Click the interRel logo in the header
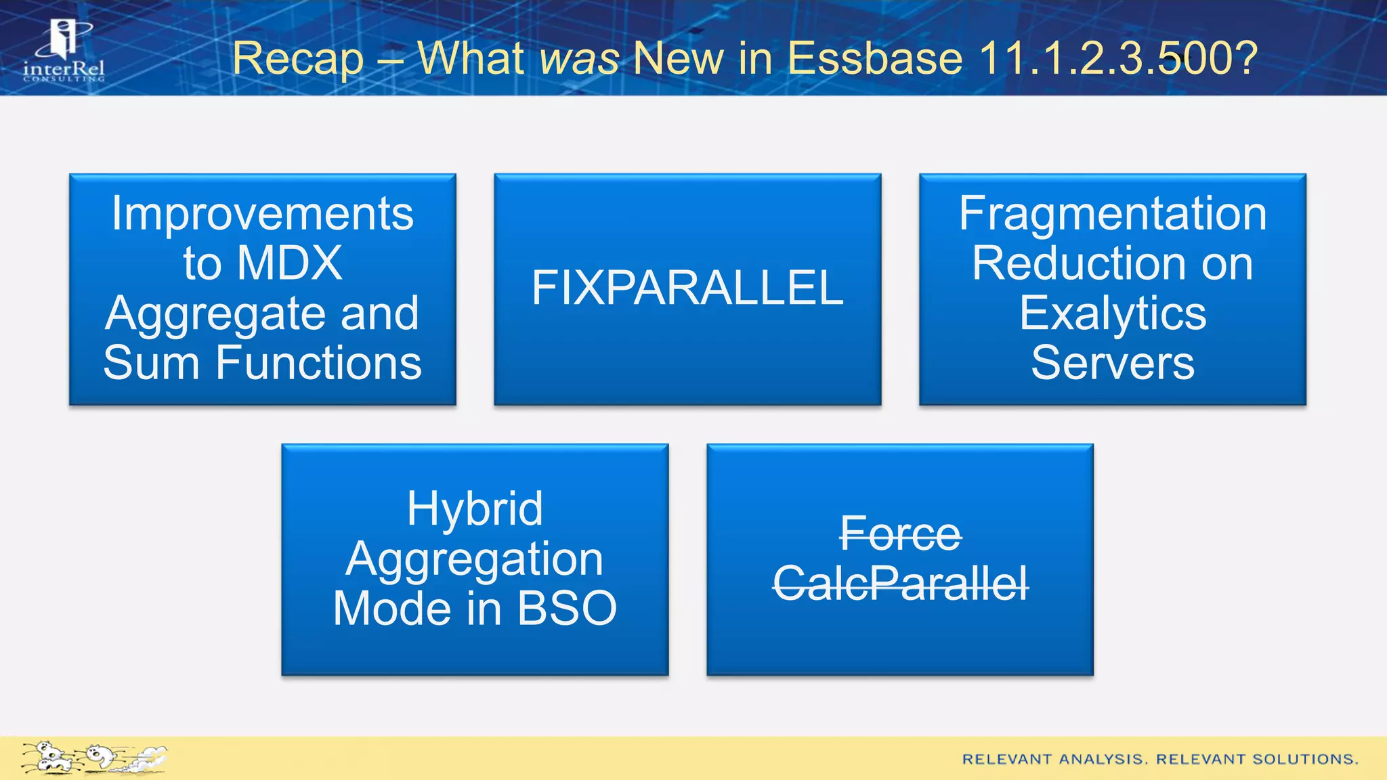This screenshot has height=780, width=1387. click(x=64, y=51)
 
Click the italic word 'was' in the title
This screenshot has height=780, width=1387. click(x=579, y=58)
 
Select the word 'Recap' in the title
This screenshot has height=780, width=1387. click(x=298, y=60)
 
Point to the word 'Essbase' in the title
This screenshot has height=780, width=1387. click(x=874, y=58)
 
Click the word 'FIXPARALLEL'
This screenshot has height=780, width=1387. click(x=687, y=288)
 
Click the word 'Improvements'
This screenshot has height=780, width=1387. click(x=263, y=213)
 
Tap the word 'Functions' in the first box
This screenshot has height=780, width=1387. click(x=318, y=363)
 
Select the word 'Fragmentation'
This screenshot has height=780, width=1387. click(x=1113, y=213)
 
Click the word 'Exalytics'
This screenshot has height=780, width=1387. click(x=1113, y=313)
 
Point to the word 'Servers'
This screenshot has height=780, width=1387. click(x=1113, y=363)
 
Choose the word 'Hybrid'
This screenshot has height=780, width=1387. click(x=475, y=508)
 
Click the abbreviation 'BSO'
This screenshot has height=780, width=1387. click(x=567, y=608)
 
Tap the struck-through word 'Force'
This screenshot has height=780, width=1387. click(x=900, y=534)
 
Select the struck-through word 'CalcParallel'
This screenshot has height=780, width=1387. click(x=900, y=584)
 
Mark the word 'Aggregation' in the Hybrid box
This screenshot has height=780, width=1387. click(x=475, y=559)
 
